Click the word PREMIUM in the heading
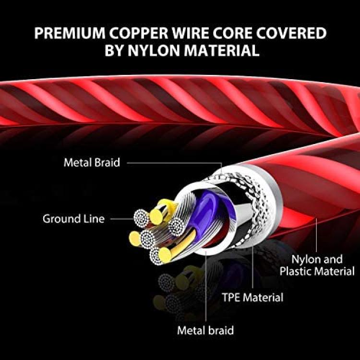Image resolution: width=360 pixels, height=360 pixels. [x=70, y=33]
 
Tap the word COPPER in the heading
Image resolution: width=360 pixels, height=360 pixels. [x=138, y=33]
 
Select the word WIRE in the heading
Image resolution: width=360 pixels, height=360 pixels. [x=191, y=33]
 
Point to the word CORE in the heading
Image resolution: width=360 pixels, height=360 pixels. [x=232, y=33]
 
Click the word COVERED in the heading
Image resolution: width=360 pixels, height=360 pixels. [x=291, y=33]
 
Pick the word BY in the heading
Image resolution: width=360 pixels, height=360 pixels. [x=114, y=50]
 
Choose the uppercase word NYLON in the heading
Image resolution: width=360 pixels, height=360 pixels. [x=154, y=50]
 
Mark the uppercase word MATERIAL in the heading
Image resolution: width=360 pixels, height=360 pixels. [x=222, y=50]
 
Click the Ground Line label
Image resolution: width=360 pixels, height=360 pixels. [x=73, y=218]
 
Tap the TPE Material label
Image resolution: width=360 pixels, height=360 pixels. [x=252, y=297]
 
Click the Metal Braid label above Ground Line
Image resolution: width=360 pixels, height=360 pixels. [x=92, y=163]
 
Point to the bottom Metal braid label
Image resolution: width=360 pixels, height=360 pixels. [x=205, y=330]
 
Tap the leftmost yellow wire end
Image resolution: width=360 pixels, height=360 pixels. [x=135, y=239]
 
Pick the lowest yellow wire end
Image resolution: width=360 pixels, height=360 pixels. [x=165, y=255]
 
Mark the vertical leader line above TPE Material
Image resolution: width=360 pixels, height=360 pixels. [x=252, y=267]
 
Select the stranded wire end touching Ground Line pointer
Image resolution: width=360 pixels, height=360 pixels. [x=141, y=218]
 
